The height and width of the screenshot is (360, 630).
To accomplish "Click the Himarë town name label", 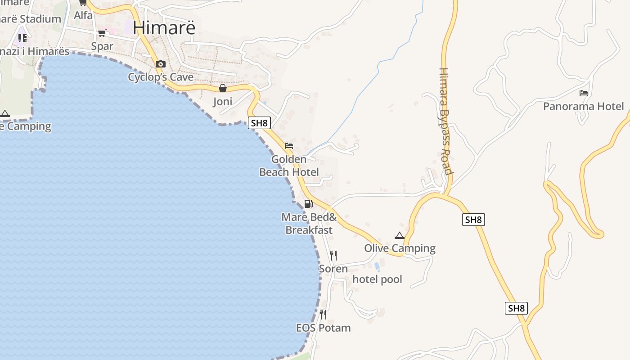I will tap(164, 27).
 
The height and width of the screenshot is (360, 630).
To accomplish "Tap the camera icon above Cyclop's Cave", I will tap(161, 64).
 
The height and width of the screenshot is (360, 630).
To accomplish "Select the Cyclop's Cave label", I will tap(161, 77).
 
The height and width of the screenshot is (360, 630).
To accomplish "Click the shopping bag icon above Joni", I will tap(222, 88).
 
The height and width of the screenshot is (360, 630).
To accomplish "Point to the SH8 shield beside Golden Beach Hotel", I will tap(259, 123).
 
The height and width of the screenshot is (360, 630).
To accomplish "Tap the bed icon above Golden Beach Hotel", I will tap(289, 146).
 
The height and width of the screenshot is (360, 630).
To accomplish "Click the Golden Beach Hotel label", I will tap(289, 166).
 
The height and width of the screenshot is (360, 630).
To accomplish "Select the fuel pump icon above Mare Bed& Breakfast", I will tap(308, 204).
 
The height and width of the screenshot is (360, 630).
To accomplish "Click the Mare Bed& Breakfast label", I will tap(309, 224).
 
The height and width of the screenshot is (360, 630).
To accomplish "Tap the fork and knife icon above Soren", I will tap(333, 256).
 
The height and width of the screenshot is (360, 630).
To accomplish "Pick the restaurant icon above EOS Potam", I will tap(323, 314).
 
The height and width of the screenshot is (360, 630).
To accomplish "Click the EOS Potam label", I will tap(323, 328).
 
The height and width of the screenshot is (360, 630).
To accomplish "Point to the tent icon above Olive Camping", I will tap(400, 235).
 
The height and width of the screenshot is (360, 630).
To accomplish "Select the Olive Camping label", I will tap(400, 248).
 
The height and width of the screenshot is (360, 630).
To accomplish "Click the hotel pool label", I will tap(377, 279).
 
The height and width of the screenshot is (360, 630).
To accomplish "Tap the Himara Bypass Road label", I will tap(445, 121).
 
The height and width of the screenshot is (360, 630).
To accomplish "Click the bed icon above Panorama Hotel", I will tap(584, 93).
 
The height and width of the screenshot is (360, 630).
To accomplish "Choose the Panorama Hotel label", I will tap(584, 106).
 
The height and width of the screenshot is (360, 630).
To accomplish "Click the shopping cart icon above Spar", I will tap(102, 33).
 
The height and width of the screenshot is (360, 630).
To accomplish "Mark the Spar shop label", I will tap(102, 46).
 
